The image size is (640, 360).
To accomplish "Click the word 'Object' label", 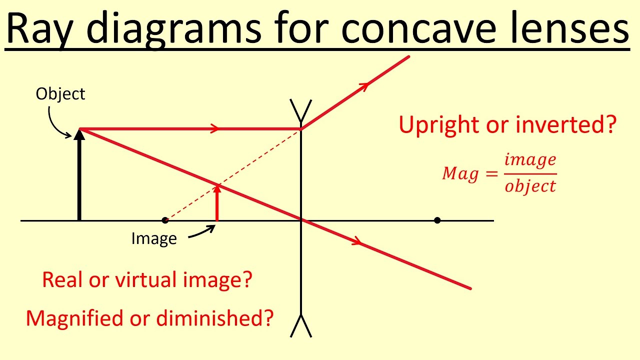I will point(60,94).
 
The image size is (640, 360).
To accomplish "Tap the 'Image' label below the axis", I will point(154,238).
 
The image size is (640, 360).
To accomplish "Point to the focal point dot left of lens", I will point(165,220).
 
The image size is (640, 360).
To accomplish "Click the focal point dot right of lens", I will point(437,220).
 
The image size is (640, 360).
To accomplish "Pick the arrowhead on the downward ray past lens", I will point(356,242).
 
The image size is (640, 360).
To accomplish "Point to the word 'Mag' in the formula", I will point(460,174).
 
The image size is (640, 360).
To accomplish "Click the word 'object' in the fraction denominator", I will point(530,186).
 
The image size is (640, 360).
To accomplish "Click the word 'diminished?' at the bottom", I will point(215,318).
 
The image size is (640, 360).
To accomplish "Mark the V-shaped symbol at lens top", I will point(301,110).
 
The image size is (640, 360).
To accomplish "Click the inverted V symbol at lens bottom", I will point(301,326).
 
